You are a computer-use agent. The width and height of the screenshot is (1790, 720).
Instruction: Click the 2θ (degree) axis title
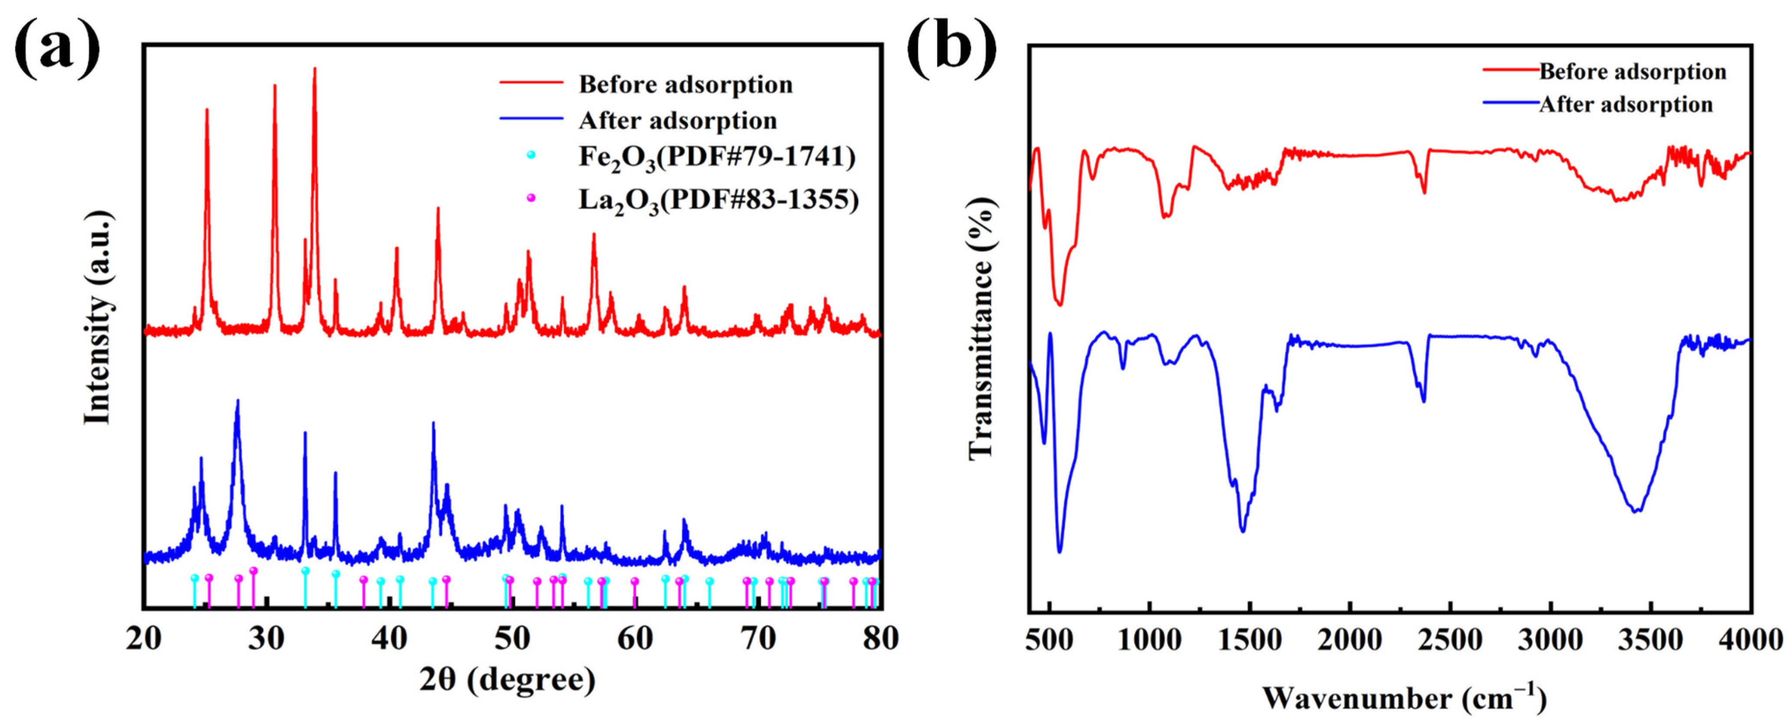click(507, 680)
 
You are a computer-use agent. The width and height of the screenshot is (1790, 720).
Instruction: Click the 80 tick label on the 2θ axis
click(881, 638)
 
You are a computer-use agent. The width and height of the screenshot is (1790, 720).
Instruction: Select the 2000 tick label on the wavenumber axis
click(1350, 638)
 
